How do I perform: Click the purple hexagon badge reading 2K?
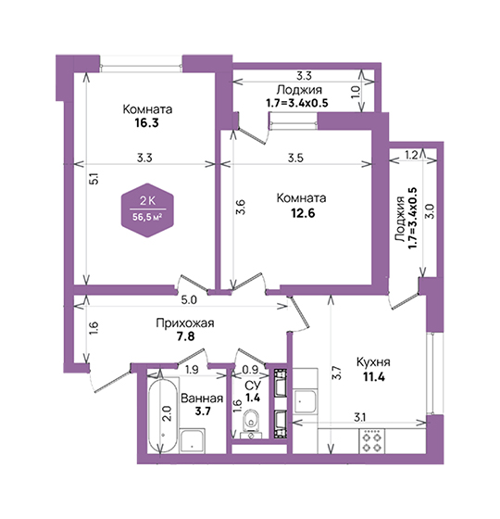click(147, 210)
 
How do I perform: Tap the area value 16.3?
click(146, 122)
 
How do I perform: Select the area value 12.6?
click(303, 213)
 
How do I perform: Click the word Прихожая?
click(185, 323)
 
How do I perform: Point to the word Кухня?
click(373, 362)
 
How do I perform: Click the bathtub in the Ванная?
click(162, 416)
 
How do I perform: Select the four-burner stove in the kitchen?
click(372, 441)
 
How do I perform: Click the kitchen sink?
click(306, 401)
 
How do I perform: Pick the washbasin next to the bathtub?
click(193, 441)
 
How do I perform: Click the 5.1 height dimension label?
click(94, 179)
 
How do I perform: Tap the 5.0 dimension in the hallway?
click(189, 300)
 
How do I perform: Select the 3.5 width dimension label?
click(295, 158)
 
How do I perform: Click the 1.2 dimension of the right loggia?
click(411, 155)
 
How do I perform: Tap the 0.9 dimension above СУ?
click(250, 370)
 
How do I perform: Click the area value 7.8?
click(185, 336)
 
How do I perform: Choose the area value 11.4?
click(374, 376)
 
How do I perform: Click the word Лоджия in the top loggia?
click(299, 90)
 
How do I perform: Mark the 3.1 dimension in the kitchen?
click(359, 417)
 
